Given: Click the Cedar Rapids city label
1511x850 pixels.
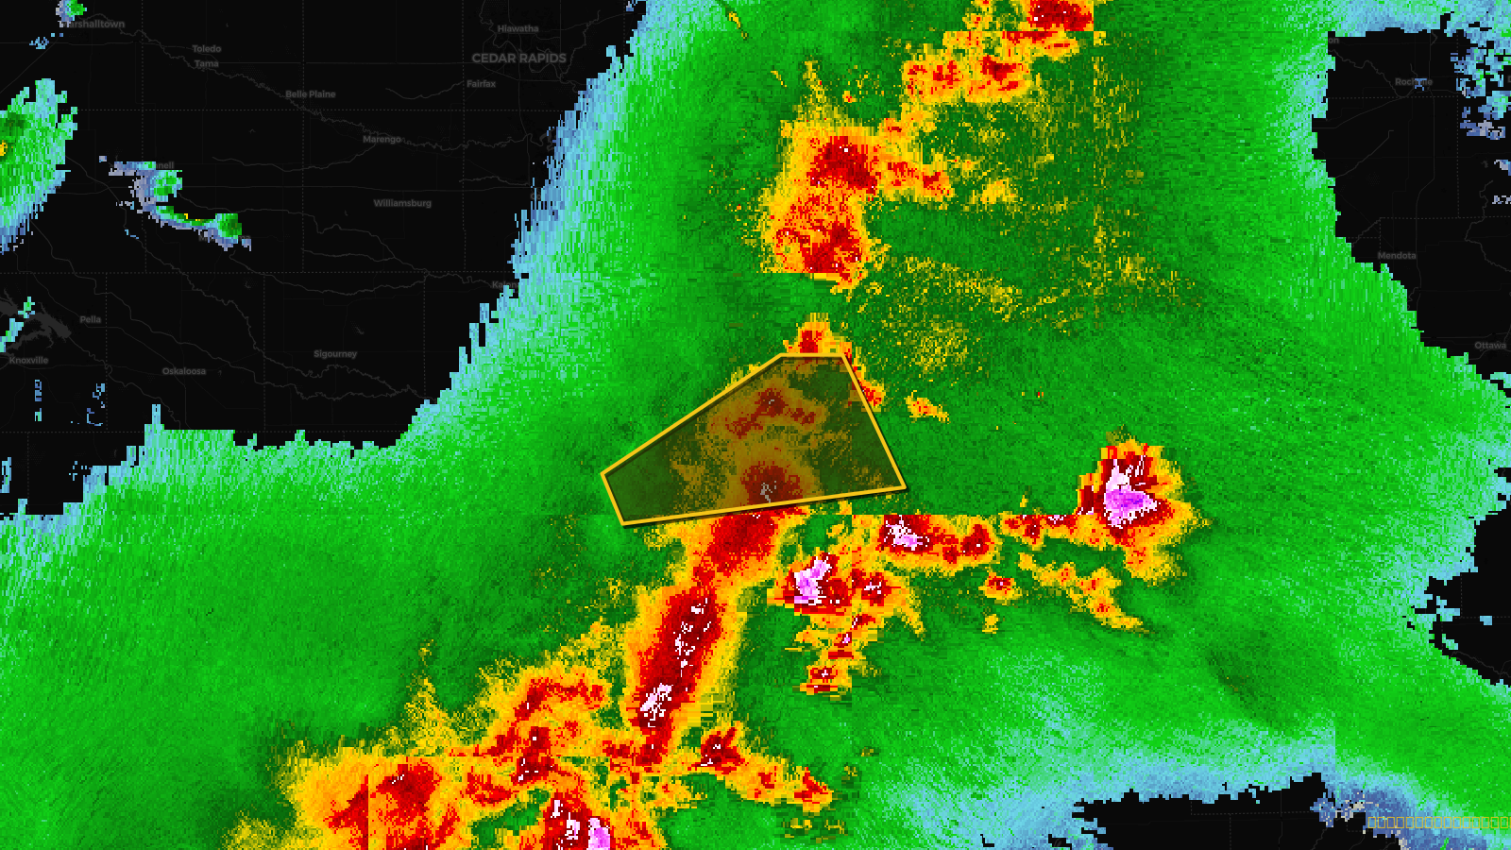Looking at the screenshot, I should point(518,59).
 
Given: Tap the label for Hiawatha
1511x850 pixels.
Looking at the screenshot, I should point(518,29).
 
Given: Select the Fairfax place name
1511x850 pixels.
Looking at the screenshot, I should point(481,84).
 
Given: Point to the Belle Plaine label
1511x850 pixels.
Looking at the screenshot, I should point(310,94).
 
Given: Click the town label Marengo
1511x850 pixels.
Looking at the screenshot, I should point(382,140).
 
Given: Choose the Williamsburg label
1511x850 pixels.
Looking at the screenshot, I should point(401,203).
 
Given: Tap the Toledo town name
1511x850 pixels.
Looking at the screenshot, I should point(206,49).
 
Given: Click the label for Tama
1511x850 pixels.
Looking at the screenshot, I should point(206,64).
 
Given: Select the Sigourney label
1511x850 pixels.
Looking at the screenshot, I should point(335,354).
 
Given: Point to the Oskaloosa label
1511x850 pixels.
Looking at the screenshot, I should point(183,371).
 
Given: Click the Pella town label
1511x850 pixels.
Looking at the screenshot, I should point(90,319).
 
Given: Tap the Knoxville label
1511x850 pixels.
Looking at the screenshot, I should point(28,360).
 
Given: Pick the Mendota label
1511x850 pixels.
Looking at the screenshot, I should point(1396,256).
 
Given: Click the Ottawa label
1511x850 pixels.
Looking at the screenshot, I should point(1490,346).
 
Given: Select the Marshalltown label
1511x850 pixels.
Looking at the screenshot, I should point(94,25).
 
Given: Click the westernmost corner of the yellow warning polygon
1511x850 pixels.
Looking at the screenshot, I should point(603,473).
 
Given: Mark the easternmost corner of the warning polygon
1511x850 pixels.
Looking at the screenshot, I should point(905,487).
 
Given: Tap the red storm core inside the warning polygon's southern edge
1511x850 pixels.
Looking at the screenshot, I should point(767,482).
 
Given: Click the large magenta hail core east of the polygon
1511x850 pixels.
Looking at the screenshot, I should point(1126,499).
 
